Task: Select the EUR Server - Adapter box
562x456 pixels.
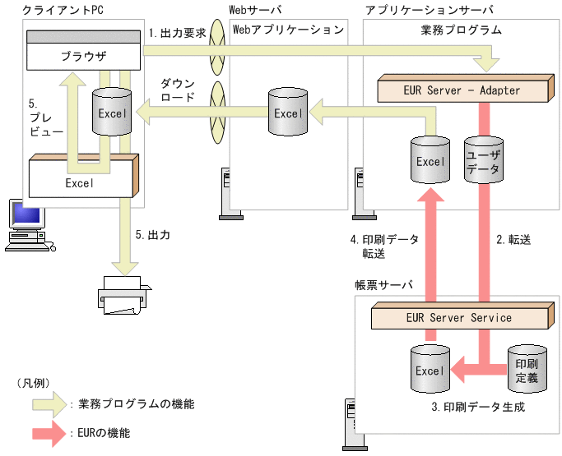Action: pyautogui.click(x=462, y=90)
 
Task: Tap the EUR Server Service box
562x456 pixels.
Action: pyautogui.click(x=458, y=317)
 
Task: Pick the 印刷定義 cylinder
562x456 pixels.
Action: pyautogui.click(x=526, y=367)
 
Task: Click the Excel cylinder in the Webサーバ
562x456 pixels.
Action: pyautogui.click(x=287, y=113)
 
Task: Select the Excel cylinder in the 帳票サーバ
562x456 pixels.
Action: pyautogui.click(x=430, y=371)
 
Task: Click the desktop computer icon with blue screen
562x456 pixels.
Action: pyautogui.click(x=24, y=223)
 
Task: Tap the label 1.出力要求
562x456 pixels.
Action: pyautogui.click(x=177, y=34)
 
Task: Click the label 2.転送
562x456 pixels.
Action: pyautogui.click(x=513, y=240)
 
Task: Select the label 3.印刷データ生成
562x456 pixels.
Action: pyautogui.click(x=477, y=407)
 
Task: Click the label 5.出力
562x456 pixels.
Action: pyautogui.click(x=152, y=234)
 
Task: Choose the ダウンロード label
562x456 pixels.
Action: pyautogui.click(x=178, y=90)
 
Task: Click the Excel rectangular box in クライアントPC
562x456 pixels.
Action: pyautogui.click(x=80, y=182)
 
